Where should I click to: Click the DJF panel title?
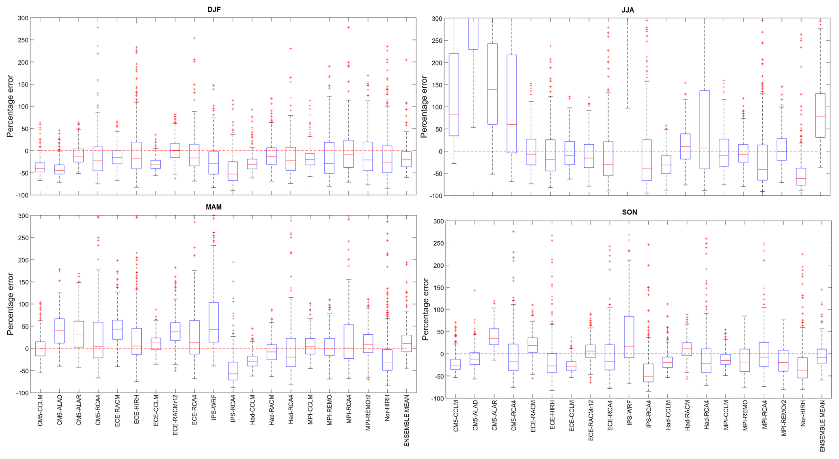214,9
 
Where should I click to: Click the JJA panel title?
628,10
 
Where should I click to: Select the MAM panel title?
214,207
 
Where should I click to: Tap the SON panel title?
630,212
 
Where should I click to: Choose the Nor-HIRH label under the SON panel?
803,414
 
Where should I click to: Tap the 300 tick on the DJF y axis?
23,18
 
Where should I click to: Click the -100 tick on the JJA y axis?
437,196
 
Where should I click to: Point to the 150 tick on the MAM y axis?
23,282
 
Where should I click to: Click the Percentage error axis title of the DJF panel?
10,106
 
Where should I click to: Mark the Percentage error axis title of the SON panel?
425,310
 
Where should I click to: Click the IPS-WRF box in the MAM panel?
214,322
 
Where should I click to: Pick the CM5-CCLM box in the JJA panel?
454,95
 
